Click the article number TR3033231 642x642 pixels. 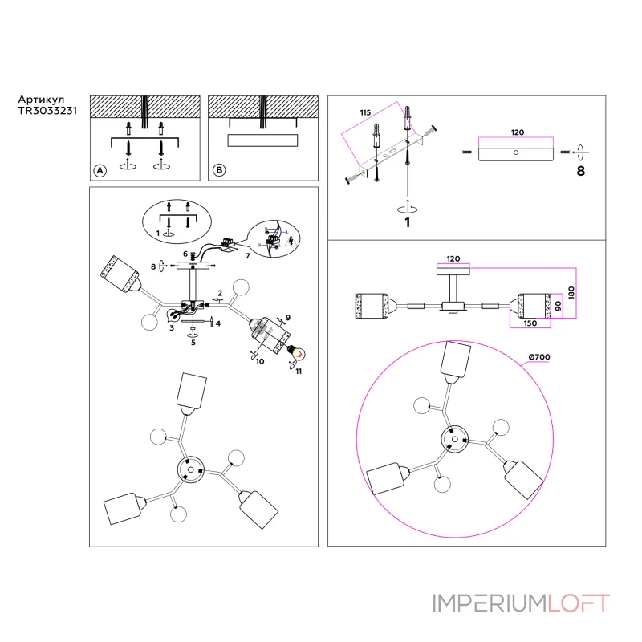pos(47,113)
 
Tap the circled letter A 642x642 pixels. pos(100,171)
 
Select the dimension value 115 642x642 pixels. pos(365,113)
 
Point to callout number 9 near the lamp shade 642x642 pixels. pos(286,318)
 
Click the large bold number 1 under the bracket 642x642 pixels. pos(408,222)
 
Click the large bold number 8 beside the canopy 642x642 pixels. pos(581,170)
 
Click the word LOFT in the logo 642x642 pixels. pos(579,603)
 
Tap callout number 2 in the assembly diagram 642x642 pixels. pos(219,293)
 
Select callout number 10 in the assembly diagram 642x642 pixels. pos(260,362)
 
